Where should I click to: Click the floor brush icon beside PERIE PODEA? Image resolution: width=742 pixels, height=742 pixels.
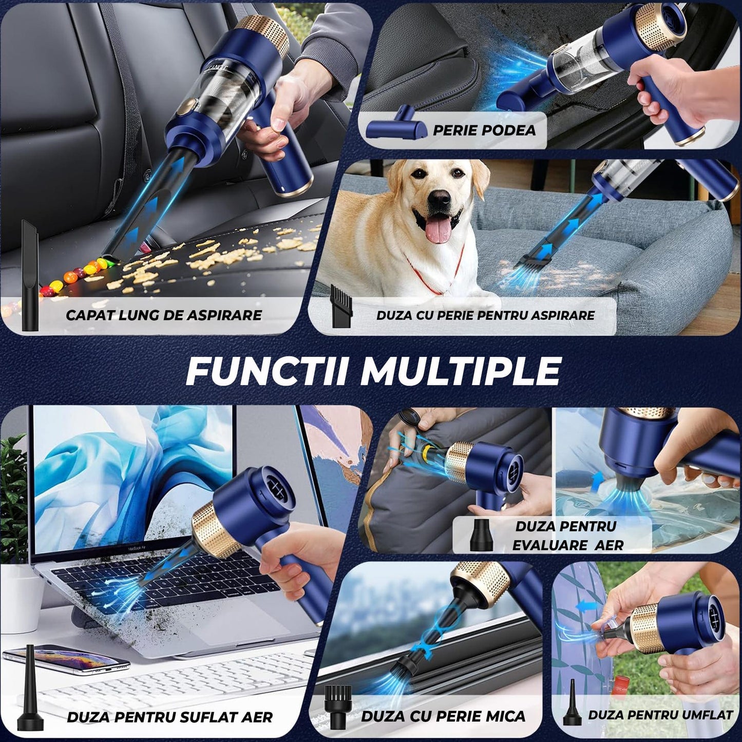(396, 123)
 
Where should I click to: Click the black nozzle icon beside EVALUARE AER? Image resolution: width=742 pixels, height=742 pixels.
(481, 535)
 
